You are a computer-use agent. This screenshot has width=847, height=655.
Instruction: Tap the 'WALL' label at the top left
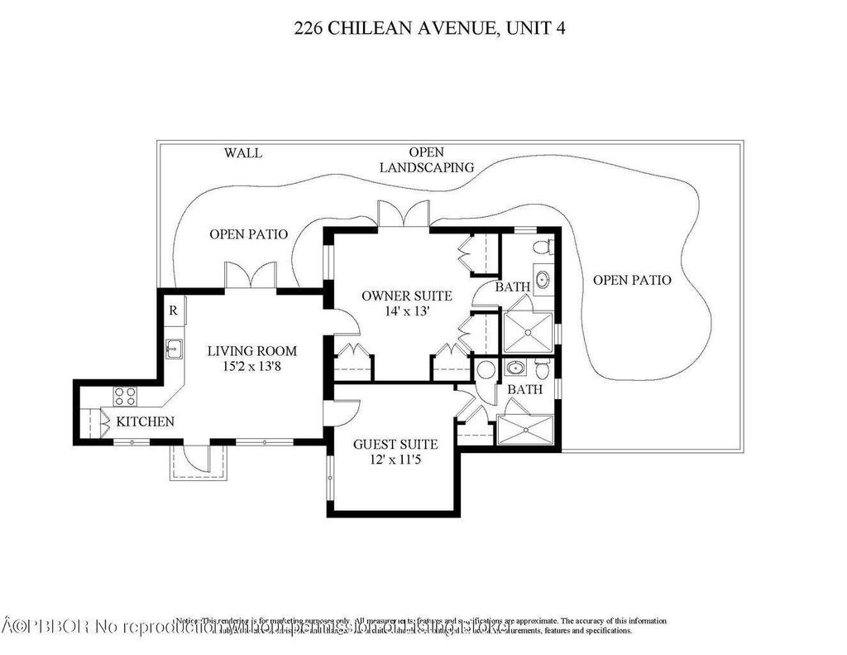[x=243, y=153]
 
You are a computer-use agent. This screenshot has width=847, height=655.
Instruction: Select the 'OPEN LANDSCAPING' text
[x=427, y=160]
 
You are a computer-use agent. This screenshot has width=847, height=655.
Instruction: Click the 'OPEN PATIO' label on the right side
[x=632, y=280]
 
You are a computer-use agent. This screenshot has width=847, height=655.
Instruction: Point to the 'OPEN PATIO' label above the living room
[x=248, y=234]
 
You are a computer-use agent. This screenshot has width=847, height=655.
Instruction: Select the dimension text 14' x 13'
[x=406, y=311]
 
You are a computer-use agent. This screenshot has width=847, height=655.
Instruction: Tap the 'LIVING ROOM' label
[x=251, y=350]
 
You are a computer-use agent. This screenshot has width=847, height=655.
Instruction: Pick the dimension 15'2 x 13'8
[x=251, y=366]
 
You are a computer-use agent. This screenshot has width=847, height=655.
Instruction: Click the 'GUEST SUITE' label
[x=395, y=445]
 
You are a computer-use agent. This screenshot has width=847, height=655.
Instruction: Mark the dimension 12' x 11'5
[x=395, y=460]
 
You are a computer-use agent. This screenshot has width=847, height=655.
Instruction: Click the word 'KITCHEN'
[x=145, y=421]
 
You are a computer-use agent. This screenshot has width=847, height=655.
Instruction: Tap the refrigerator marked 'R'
[x=173, y=311]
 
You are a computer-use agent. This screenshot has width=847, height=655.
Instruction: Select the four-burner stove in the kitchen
[x=124, y=395]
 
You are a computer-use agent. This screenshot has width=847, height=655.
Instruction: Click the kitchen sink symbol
[x=174, y=349]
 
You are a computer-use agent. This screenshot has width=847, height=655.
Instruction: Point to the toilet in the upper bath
[x=542, y=247]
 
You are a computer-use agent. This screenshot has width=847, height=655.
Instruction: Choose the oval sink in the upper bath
[x=542, y=280]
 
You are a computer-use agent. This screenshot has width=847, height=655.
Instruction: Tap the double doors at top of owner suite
[x=404, y=214]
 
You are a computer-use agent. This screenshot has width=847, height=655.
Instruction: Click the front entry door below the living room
[x=199, y=459]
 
